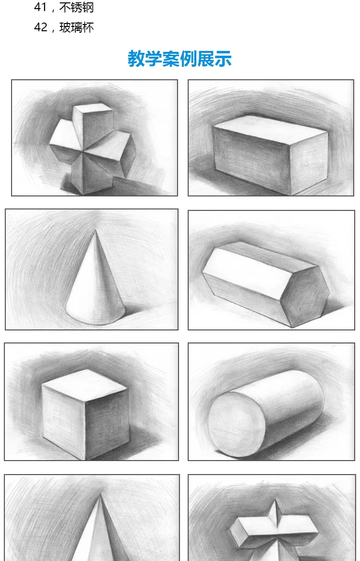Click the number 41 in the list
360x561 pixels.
[40, 7]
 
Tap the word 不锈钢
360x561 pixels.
[76, 7]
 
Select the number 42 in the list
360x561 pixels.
[40, 27]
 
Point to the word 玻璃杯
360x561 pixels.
[76, 27]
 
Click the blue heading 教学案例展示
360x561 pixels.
[180, 59]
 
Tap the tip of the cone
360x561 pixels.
[96, 231]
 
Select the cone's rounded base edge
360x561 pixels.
[96, 318]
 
